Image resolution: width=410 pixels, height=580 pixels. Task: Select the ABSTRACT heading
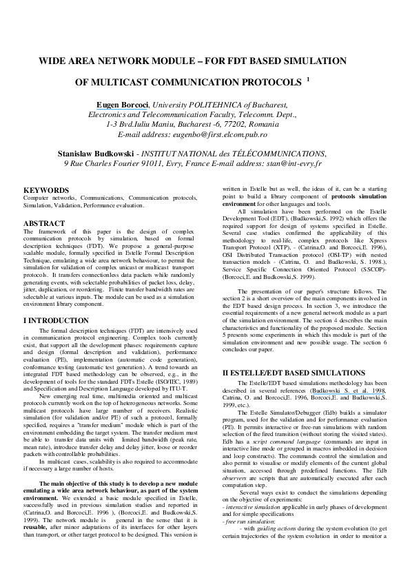pos(44,224)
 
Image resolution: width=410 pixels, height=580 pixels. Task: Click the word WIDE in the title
pos(52,61)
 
